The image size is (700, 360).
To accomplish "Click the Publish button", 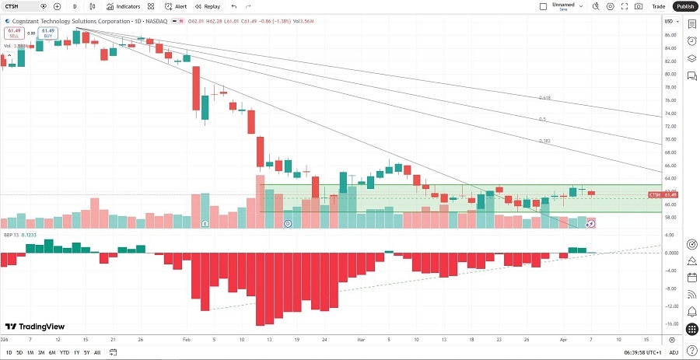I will click(684, 6).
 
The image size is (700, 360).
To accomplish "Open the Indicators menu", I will click(124, 6).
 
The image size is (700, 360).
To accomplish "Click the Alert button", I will click(177, 6).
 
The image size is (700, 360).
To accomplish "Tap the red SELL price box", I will click(13, 33).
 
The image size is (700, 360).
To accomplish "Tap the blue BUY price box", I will click(47, 33).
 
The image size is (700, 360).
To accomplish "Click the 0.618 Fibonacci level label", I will click(544, 98).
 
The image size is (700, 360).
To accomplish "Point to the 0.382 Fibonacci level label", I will click(544, 141).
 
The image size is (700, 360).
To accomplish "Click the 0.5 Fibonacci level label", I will click(543, 119).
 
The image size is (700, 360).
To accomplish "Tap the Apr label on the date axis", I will click(564, 340).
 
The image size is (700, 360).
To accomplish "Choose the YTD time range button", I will click(65, 352).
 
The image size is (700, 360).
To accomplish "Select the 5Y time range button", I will click(86, 352).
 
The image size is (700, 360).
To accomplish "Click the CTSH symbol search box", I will click(21, 6).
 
